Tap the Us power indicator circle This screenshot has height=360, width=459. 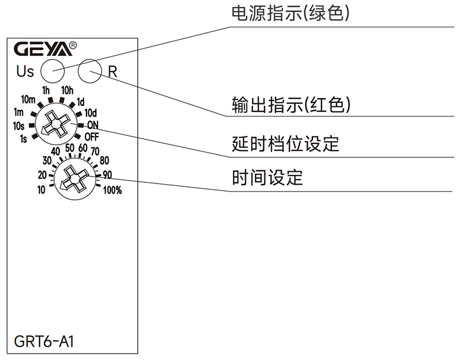click(x=52, y=72)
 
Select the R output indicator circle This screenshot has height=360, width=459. click(x=90, y=72)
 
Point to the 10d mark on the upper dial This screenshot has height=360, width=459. click(x=91, y=113)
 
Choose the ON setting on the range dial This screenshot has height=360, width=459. click(x=92, y=124)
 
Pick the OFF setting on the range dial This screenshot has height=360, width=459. click(x=91, y=136)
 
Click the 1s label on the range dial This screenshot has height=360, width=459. click(x=23, y=138)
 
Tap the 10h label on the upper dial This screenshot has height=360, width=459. click(x=67, y=90)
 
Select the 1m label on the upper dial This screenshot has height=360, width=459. click(x=19, y=113)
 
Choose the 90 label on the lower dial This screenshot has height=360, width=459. click(x=107, y=174)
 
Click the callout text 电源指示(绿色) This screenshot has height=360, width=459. click(x=291, y=13)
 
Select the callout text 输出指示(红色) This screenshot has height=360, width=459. click(x=291, y=105)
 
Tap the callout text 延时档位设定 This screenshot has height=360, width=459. click(x=285, y=143)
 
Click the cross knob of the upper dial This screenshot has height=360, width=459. click(x=55, y=124)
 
